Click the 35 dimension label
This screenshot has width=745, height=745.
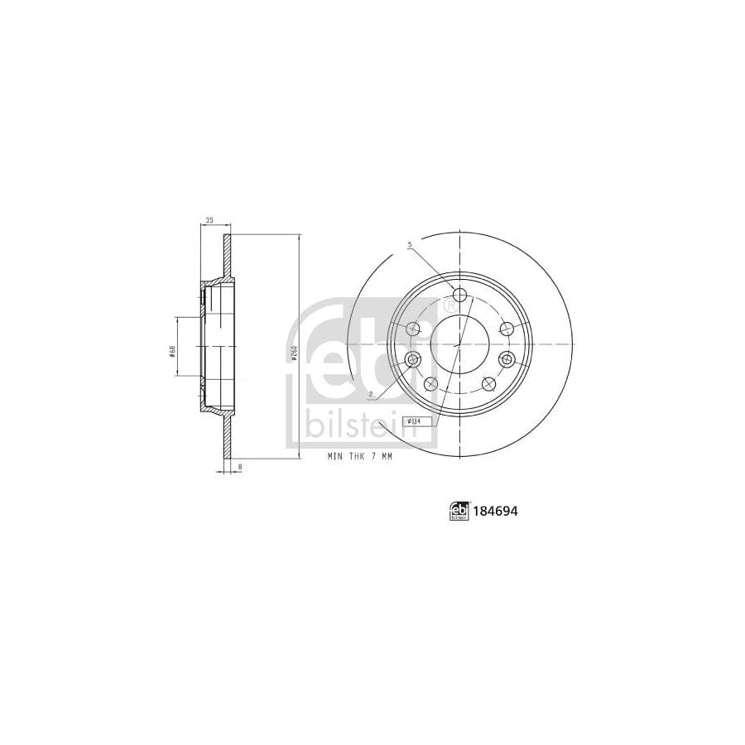[209, 220]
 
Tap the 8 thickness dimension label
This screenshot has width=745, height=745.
[240, 469]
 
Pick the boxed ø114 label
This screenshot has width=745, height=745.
[410, 421]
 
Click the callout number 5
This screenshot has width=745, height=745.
[409, 246]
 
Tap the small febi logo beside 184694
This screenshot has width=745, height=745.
[459, 512]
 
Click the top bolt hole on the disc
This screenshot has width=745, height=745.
[460, 296]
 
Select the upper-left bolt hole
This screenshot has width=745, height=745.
[414, 329]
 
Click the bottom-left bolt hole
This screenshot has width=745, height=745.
[430, 383]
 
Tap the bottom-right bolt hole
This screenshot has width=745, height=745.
[489, 383]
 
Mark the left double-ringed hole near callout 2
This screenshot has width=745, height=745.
[413, 359]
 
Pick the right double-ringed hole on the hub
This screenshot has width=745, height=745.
[507, 359]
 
